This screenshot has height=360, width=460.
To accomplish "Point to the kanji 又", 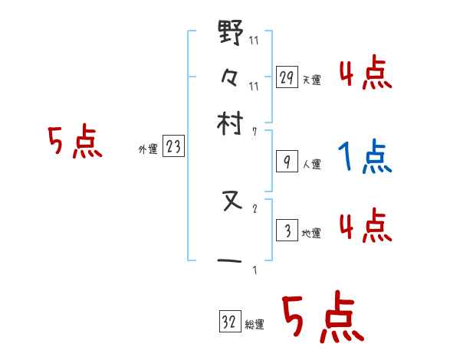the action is point(231,202).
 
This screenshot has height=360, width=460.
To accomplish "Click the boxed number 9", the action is point(287,162).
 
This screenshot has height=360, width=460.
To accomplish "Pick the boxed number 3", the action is point(287,231).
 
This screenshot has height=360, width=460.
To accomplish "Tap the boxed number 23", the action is point(173,148).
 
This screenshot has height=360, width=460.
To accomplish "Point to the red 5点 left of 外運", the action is point(75,143).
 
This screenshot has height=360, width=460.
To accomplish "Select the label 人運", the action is point(312,164).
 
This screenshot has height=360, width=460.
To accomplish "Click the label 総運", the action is point(255,324).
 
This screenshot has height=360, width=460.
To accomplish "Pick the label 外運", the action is point(147,150).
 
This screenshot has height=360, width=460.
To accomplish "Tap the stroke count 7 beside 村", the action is point(255,132).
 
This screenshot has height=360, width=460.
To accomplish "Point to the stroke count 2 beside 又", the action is point(255,208).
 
